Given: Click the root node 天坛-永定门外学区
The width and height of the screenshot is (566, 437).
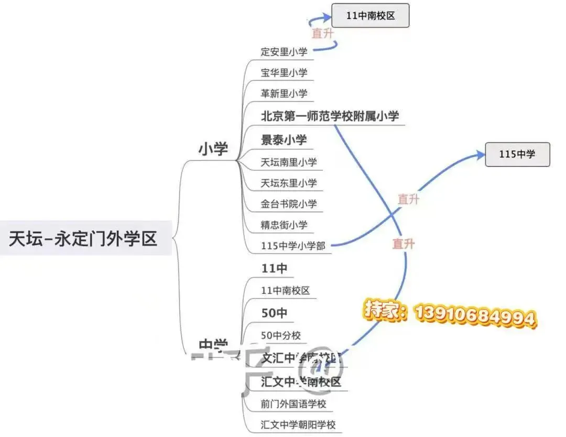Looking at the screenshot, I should [84, 239].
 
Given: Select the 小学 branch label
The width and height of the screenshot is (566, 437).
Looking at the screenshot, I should [213, 149].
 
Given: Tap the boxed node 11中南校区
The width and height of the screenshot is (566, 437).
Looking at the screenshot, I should [370, 16].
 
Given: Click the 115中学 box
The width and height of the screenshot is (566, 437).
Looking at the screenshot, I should [517, 155].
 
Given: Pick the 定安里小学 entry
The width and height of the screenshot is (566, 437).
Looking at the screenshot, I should [284, 52].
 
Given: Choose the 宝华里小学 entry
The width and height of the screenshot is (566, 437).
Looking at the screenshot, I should [284, 73].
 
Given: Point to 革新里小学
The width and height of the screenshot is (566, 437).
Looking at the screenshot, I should [284, 94].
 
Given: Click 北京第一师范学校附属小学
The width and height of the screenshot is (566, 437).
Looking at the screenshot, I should [330, 116].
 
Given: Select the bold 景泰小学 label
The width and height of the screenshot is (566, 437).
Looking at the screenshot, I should [284, 140].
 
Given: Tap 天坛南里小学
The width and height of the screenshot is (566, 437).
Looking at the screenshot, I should [289, 162].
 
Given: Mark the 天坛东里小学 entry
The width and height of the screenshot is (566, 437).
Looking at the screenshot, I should [289, 183].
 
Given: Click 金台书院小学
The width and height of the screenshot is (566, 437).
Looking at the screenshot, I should [289, 204].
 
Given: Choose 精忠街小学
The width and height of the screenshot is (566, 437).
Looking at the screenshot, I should [284, 225].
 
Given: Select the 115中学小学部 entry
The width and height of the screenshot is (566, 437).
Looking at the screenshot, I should [293, 245].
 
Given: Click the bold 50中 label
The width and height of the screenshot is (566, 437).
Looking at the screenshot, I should [274, 313].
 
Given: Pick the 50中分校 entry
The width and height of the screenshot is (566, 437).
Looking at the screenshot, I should [281, 335].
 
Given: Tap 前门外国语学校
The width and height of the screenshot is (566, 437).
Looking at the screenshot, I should [293, 404].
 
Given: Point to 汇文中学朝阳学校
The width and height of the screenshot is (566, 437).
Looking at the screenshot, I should [298, 424].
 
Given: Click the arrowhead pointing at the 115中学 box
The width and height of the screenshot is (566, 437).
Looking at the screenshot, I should [480, 154].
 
